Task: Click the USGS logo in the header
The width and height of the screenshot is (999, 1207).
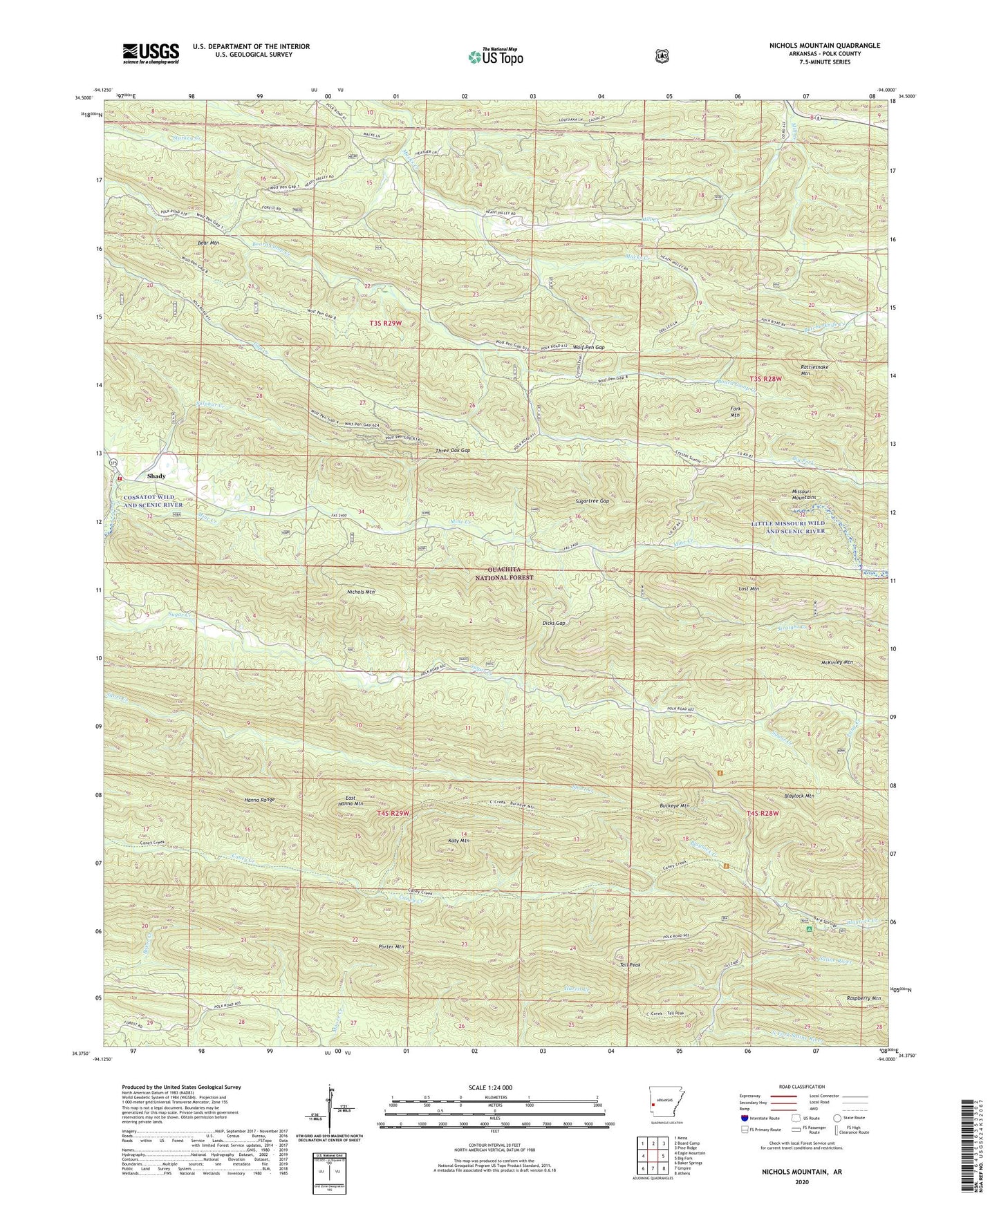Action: [x=151, y=53]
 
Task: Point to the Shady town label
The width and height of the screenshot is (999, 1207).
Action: [x=156, y=476]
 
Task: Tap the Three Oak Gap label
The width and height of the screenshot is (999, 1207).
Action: [x=453, y=451]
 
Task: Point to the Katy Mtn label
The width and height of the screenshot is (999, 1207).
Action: [x=460, y=841]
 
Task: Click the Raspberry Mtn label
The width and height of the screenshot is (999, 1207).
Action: [x=863, y=998]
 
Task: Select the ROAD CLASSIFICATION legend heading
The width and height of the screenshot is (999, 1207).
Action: [x=801, y=1087]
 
